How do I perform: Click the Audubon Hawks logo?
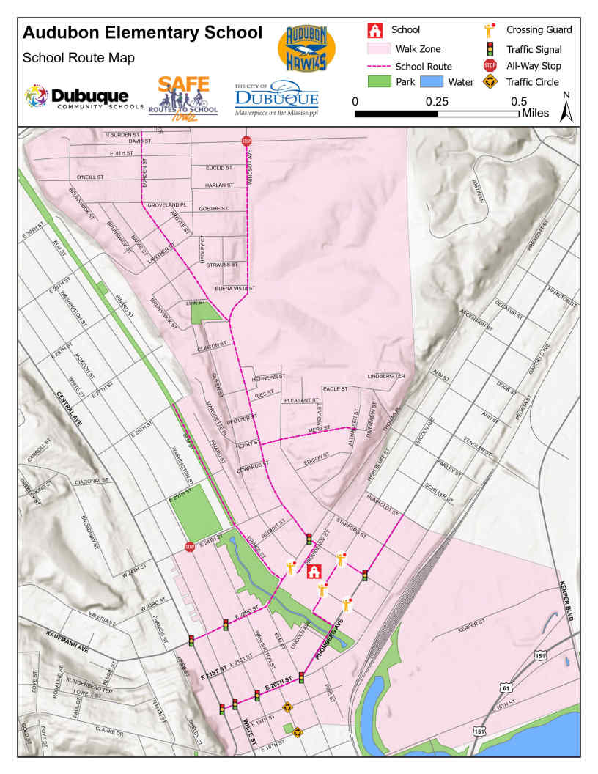(306, 47)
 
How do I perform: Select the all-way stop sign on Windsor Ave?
(246, 141)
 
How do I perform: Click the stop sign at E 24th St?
(190, 547)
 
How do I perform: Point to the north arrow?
(566, 108)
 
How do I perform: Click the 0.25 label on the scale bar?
(438, 101)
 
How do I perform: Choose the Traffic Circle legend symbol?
(490, 82)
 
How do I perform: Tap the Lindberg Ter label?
(386, 376)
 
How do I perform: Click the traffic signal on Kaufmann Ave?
(191, 641)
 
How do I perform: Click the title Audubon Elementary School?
(142, 33)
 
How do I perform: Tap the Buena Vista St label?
(235, 290)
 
